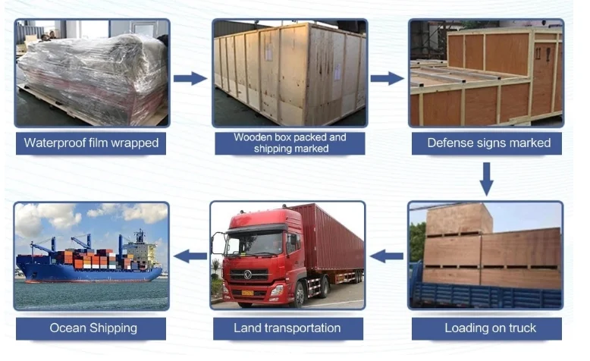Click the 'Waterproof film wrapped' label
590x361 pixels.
tap(92, 143)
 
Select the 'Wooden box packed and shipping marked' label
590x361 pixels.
tap(290, 143)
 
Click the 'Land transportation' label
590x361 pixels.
tap(287, 328)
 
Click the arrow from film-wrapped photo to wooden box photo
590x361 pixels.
tap(190, 78)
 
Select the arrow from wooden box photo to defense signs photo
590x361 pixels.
tap(386, 78)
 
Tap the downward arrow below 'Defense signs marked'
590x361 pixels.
tap(487, 178)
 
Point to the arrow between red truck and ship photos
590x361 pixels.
tap(190, 256)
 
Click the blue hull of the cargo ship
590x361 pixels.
tap(83, 272)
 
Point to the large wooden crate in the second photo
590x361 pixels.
tap(288, 72)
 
